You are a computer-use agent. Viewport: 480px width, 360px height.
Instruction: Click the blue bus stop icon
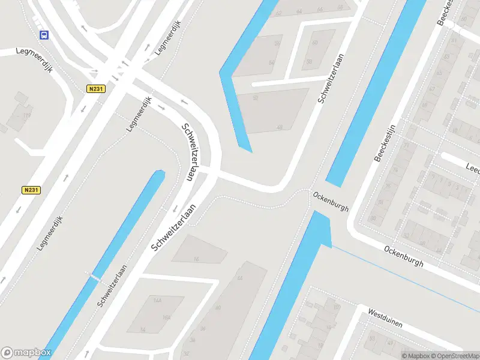44,35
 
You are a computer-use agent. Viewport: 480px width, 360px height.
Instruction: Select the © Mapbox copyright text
415,356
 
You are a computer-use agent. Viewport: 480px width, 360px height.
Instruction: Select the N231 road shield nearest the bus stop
95,89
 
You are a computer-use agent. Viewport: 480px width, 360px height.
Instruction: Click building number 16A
166,318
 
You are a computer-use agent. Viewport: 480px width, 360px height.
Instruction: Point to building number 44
240,278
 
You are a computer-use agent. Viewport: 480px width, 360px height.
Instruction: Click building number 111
26,115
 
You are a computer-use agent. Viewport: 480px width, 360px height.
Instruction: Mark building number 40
218,308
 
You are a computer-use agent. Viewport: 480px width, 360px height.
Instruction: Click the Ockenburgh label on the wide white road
404,256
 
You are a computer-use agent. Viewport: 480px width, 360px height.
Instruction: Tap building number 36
202,328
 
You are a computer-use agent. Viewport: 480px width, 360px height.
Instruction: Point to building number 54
271,63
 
